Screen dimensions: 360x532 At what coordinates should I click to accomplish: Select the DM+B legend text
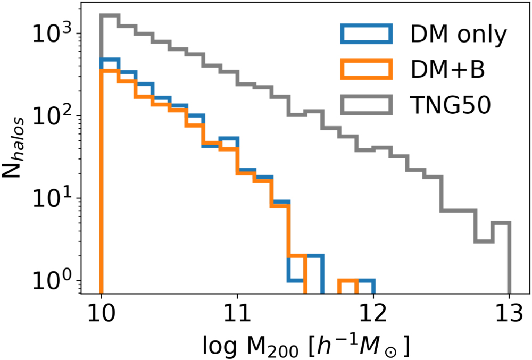[x=448, y=70]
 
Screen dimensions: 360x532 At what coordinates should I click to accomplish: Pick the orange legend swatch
[x=367, y=70]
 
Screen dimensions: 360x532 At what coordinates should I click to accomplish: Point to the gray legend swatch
[x=367, y=104]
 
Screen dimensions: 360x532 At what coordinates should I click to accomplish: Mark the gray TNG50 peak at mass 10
[x=109, y=15]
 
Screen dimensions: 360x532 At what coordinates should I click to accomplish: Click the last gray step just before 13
[x=501, y=223]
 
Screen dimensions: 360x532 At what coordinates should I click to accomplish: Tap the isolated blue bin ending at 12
[x=365, y=280]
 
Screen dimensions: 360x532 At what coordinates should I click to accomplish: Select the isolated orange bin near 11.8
[x=348, y=280]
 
